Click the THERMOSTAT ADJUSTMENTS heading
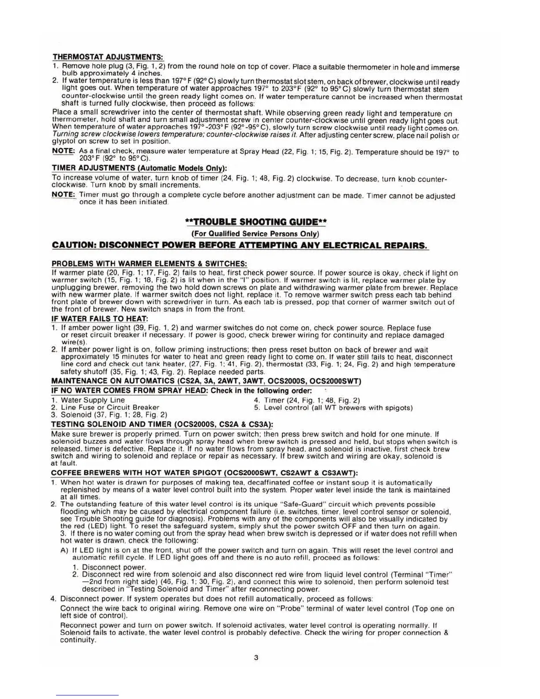tap(108, 57)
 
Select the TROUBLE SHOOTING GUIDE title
tap(257, 222)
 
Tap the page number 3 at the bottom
tap(256, 658)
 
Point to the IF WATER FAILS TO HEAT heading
tap(100, 319)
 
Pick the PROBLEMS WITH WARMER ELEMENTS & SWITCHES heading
tap(149, 263)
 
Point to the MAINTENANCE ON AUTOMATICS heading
tap(206, 381)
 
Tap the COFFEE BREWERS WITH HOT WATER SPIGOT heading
tap(204, 474)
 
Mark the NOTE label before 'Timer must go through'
tap(63, 195)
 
